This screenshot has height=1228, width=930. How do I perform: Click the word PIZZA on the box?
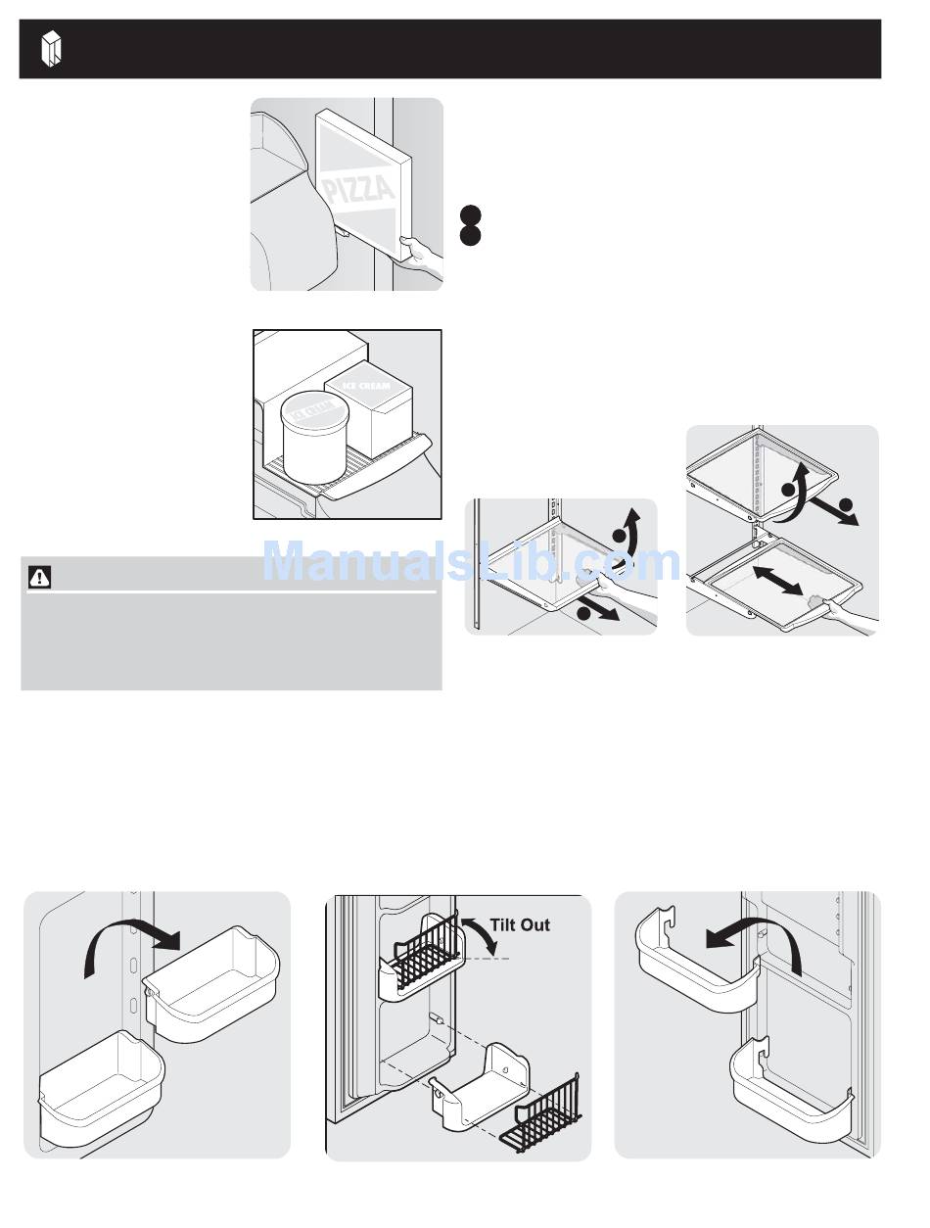coord(359,186)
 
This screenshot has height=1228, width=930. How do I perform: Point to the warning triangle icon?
coord(39,579)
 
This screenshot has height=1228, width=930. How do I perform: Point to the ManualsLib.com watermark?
coord(471,563)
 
